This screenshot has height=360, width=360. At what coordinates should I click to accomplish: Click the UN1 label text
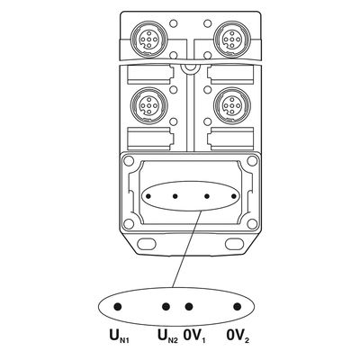point(120,336)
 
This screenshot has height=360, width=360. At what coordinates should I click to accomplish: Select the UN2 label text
point(168,336)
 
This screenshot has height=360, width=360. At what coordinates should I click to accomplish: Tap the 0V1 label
point(194,336)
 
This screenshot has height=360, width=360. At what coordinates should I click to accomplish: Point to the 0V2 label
point(238,336)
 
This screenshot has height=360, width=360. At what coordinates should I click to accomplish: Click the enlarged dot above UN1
point(118,307)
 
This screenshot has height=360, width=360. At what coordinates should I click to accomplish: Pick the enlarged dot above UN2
point(166,307)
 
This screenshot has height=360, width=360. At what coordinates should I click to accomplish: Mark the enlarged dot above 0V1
point(189,307)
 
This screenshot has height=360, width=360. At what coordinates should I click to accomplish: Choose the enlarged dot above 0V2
point(238,307)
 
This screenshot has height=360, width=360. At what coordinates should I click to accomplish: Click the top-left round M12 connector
point(148,39)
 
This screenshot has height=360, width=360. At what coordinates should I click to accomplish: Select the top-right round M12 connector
point(232,39)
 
